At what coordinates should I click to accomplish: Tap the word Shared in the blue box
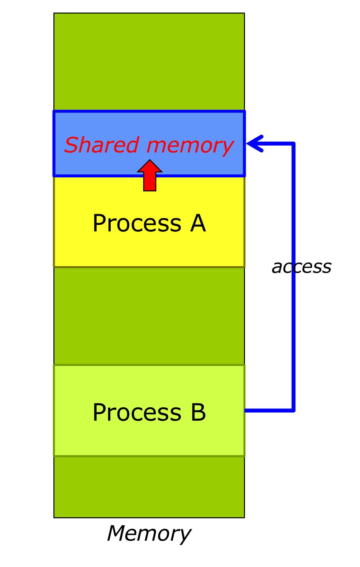[102, 145]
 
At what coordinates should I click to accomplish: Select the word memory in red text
[190, 146]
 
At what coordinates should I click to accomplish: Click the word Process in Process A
[137, 224]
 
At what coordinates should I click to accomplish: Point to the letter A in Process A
[198, 223]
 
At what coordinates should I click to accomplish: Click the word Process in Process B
[137, 413]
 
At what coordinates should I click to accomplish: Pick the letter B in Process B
[198, 412]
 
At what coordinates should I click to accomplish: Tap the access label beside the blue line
[302, 267]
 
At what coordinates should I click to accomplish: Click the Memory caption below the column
[149, 533]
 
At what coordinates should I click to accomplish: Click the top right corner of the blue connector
[294, 144]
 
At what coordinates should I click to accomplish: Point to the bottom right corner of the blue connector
[294, 410]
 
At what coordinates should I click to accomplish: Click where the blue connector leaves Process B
[246, 410]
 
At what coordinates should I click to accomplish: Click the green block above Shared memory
[149, 61]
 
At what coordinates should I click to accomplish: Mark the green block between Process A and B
[149, 316]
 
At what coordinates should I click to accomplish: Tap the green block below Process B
[149, 487]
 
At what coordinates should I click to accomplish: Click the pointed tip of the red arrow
[150, 161]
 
